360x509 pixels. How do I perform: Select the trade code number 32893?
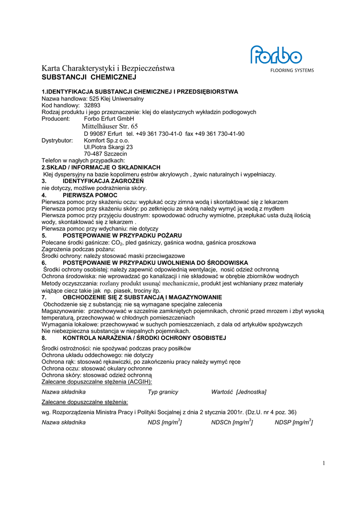92,105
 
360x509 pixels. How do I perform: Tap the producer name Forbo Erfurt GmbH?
109,119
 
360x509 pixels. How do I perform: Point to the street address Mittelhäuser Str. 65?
110,126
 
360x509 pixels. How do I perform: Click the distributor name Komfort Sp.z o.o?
106,141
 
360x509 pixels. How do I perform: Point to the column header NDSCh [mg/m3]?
232,422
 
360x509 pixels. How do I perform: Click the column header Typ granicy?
163,392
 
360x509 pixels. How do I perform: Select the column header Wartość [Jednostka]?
238,392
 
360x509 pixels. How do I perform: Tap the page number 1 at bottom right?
323,463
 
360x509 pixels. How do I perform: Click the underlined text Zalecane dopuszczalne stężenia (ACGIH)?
96,382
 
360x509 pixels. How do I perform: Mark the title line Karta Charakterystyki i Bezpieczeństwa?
108,69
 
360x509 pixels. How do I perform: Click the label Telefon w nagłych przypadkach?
84,161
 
